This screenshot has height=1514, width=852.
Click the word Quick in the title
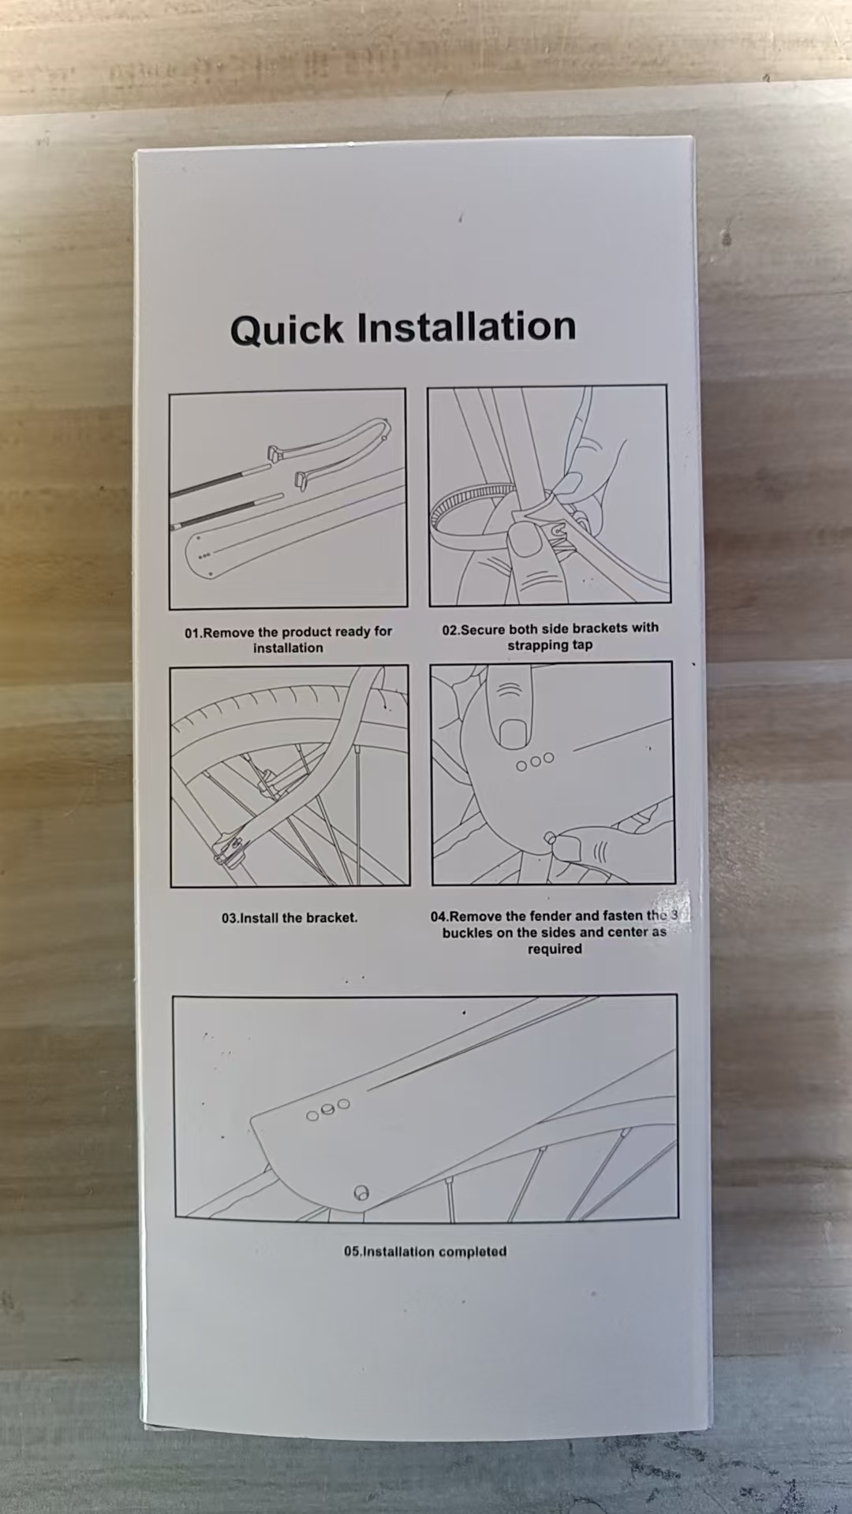[x=287, y=330]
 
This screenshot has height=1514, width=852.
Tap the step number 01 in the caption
[x=192, y=633]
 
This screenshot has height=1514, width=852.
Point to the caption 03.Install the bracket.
[x=290, y=918]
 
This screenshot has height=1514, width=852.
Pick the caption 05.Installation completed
[x=425, y=1251]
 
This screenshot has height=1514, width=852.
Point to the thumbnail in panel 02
[x=521, y=540]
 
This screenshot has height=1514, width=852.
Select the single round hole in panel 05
[x=362, y=1193]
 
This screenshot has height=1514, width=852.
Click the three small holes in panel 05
[x=327, y=1109]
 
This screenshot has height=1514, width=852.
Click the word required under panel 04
[x=555, y=949]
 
